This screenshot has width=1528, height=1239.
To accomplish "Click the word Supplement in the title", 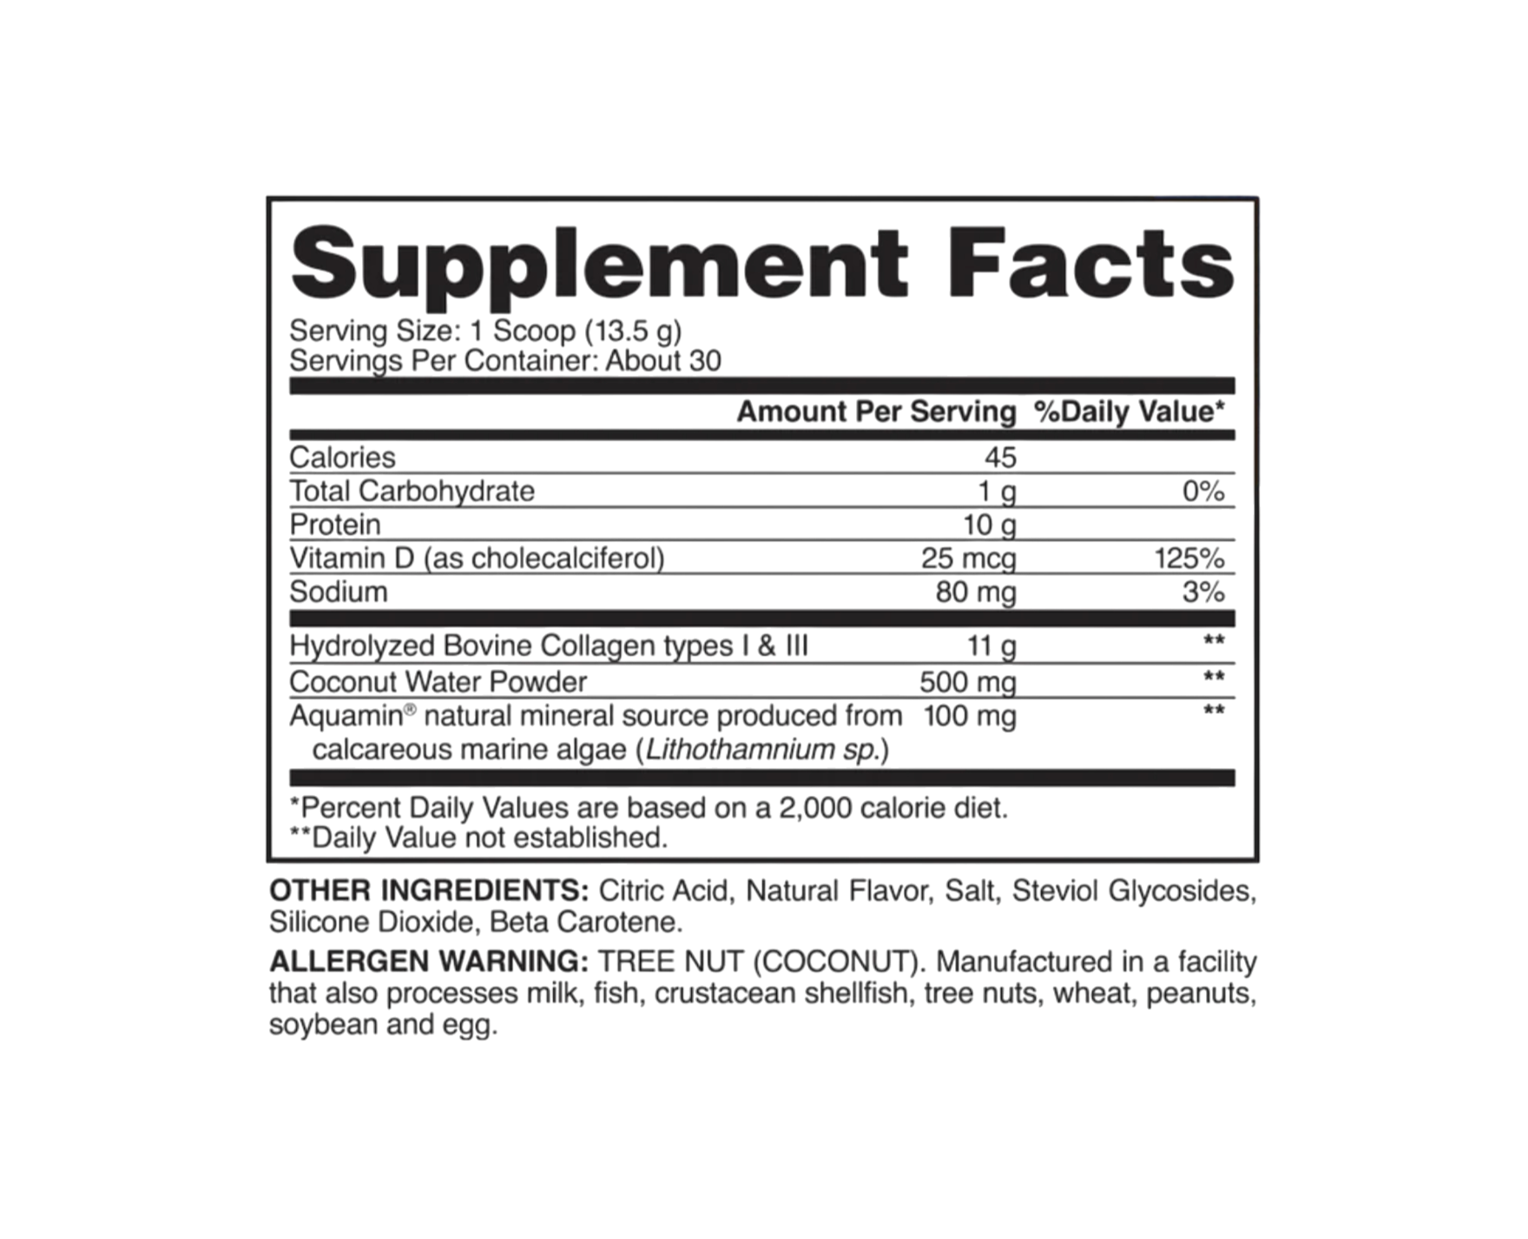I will coord(599,260).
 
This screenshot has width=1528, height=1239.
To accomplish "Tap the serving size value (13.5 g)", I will coord(633,331).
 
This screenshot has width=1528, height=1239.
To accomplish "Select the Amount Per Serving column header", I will coord(876,412).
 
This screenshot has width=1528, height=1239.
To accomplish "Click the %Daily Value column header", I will coord(1130,412).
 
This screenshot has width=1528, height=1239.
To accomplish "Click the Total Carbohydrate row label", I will coord(412,491).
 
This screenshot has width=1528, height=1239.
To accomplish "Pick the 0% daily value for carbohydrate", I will coord(1203,492).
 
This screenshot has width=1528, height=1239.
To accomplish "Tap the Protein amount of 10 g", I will coord(990,525).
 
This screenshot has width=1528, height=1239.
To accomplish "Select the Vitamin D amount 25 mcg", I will coord(969,559).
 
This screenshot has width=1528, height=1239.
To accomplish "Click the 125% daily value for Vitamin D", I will coord(1189,559).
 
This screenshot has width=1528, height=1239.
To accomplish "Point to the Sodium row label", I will coord(339,593).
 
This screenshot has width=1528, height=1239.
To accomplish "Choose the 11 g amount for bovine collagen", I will coord(991,646).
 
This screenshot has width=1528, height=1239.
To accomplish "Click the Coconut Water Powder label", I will coord(438,682).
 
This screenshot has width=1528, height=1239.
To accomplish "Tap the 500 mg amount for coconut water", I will coord(968,683).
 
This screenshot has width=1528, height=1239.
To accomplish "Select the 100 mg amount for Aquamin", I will coord(970,718).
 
